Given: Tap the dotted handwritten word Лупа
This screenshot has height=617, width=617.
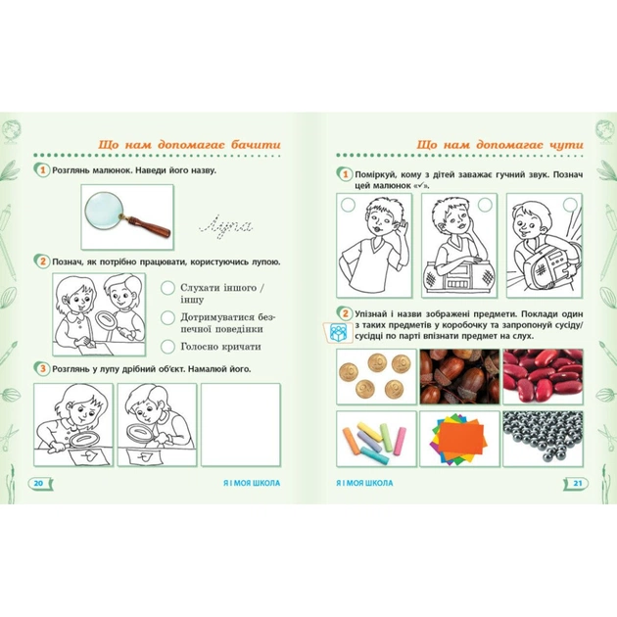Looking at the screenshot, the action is [x=226, y=227].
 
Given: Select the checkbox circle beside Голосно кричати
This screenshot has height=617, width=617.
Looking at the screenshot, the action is [x=167, y=347].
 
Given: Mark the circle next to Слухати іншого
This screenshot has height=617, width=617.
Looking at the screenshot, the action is [x=167, y=288].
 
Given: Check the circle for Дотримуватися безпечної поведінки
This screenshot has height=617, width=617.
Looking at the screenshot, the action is [x=167, y=318].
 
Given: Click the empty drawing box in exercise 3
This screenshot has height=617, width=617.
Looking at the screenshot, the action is [x=241, y=425].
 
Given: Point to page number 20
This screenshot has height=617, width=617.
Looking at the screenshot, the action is [x=38, y=483].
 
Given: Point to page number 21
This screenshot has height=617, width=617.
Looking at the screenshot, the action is [x=577, y=483].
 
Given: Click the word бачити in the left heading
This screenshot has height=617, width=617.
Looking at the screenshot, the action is [x=256, y=144].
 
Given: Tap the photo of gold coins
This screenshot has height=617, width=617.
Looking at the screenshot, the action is [x=377, y=377].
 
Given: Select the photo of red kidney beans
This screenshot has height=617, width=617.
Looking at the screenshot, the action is [x=543, y=377].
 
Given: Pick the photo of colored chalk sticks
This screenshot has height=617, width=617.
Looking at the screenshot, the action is [x=377, y=439].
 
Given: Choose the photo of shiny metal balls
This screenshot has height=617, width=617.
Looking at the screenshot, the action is [x=543, y=439].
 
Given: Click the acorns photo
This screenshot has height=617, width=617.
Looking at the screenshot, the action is [x=459, y=377].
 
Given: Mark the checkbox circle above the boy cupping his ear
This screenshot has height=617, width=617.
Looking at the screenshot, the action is [x=348, y=205].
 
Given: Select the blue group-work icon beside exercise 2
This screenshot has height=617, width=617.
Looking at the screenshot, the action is [x=338, y=333].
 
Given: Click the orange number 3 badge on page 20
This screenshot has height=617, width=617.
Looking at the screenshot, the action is [x=42, y=369].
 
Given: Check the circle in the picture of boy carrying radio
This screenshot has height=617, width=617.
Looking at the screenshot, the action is [x=570, y=205].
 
